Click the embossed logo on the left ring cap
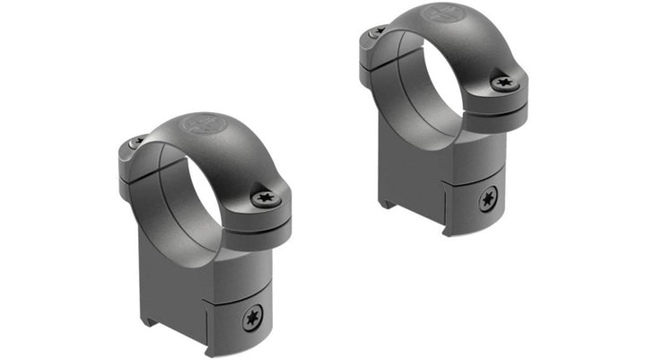[x=198, y=124]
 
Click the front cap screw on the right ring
[x=505, y=83]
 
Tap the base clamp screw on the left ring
[x=251, y=315]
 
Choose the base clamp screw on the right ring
[x=489, y=199]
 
